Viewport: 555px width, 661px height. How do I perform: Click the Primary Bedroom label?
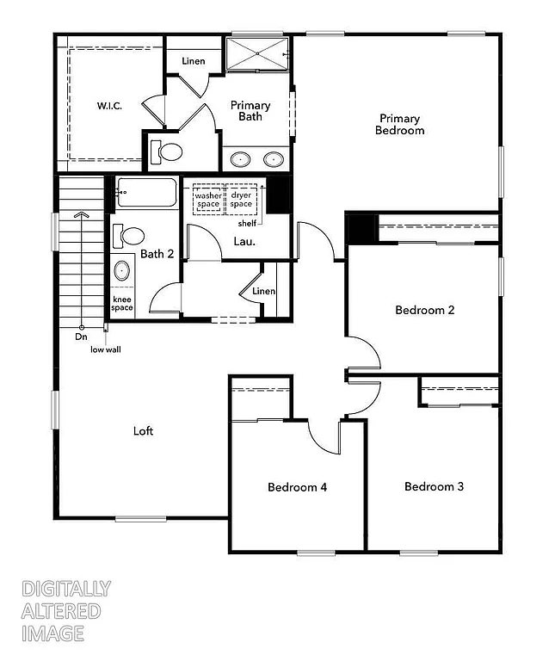click(400, 125)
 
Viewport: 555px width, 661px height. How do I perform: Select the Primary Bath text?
click(250, 111)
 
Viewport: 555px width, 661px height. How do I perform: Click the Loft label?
click(144, 430)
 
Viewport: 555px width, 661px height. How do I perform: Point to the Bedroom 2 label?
click(424, 310)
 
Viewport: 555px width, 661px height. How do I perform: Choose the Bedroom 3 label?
click(434, 486)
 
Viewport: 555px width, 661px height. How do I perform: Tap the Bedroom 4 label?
click(297, 487)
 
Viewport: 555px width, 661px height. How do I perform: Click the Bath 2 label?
click(157, 254)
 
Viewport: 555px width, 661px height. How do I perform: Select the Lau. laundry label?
click(244, 242)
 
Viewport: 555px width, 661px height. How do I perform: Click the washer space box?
click(207, 200)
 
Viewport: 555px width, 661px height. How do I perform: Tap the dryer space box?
click(241, 200)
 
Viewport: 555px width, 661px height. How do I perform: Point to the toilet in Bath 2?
click(131, 236)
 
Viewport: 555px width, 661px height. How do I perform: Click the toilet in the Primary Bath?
click(167, 153)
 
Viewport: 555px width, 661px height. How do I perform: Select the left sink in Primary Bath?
click(240, 159)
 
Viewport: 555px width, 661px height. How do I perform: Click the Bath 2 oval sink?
click(122, 272)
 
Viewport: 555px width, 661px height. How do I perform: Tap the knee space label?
click(122, 304)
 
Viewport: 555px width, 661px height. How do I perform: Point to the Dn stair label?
click(81, 337)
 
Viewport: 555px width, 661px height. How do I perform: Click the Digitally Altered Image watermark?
click(65, 611)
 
